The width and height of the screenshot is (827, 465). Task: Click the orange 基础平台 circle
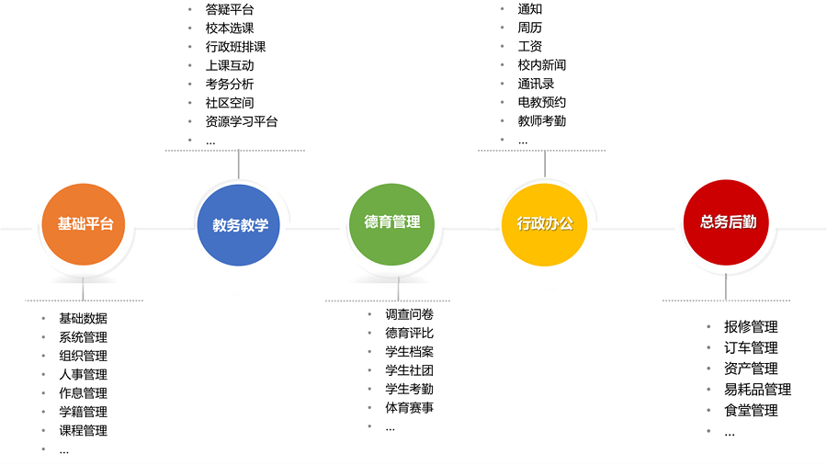85,223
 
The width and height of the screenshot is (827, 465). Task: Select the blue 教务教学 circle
239,224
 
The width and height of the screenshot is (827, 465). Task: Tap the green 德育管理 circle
391,222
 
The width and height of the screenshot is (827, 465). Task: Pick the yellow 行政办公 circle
545,223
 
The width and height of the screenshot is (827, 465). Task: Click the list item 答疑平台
230,9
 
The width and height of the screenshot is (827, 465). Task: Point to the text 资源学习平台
242,121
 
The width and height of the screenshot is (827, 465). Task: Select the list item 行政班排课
236,47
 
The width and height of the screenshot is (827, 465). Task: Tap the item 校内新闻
542,65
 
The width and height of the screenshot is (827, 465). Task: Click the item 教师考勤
542,121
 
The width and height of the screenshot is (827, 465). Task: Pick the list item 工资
530,47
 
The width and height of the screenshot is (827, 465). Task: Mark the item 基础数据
83,318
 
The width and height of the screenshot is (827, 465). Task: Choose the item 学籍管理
83,412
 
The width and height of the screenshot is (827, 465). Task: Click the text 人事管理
83,374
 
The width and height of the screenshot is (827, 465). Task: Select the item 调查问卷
409,314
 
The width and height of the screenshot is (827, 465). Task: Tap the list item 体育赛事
409,408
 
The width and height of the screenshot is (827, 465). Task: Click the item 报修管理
751,327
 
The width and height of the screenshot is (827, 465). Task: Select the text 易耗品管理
757,390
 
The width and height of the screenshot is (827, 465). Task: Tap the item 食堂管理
751,411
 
